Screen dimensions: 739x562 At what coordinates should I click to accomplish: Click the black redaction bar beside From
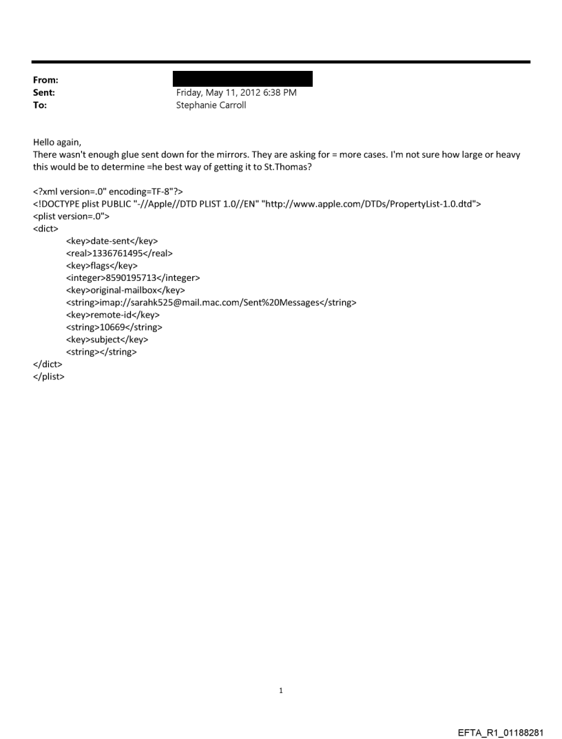click(242, 79)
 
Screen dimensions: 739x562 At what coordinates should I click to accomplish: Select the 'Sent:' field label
click(43, 92)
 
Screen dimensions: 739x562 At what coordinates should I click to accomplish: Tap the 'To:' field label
click(39, 105)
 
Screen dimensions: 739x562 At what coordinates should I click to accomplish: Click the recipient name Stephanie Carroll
click(211, 105)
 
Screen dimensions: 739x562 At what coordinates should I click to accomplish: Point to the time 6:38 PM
click(278, 92)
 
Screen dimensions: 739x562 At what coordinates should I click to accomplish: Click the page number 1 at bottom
click(281, 691)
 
